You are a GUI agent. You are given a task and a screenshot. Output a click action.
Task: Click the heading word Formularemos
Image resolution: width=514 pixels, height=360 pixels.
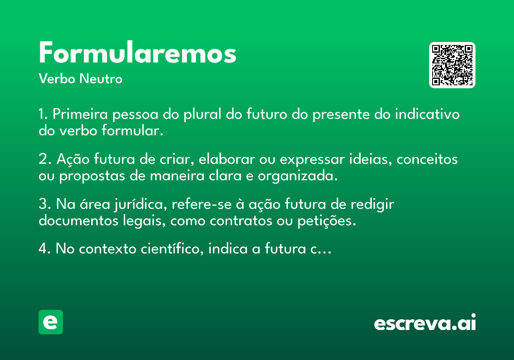[137, 52]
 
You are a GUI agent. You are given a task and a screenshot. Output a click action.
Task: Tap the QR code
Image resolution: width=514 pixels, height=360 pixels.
[452, 65]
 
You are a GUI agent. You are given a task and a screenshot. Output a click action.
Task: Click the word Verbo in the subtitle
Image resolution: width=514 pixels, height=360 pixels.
[57, 79]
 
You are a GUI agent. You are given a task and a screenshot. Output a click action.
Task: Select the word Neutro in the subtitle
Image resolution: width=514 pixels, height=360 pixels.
[101, 79]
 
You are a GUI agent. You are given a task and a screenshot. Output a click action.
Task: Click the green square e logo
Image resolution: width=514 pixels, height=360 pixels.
[51, 322]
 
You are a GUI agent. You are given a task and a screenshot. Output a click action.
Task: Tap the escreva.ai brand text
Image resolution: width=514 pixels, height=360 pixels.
[425, 322]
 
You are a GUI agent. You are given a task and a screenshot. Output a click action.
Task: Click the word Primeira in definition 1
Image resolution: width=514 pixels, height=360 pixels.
[80, 114]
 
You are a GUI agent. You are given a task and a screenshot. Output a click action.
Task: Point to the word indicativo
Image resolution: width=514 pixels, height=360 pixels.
[427, 114]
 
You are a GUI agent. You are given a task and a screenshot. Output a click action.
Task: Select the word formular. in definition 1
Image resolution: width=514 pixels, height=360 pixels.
[132, 130]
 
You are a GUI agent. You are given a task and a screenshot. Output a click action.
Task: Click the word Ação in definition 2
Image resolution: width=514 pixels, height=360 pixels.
[73, 159]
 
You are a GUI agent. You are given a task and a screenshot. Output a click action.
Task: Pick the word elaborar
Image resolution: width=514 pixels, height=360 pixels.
[227, 159]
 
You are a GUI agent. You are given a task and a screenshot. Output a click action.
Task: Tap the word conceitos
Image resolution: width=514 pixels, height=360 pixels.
[427, 159]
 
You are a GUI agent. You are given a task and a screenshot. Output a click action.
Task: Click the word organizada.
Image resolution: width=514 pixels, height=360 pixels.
[298, 176]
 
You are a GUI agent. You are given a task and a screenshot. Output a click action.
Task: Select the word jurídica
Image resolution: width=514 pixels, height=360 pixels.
[140, 204]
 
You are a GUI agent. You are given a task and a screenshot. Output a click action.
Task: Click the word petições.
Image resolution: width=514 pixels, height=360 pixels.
[326, 221]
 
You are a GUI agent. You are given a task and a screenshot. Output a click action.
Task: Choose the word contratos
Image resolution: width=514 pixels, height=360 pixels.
[241, 221]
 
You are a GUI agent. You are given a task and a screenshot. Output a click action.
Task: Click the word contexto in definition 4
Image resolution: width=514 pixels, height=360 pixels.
[108, 249]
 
